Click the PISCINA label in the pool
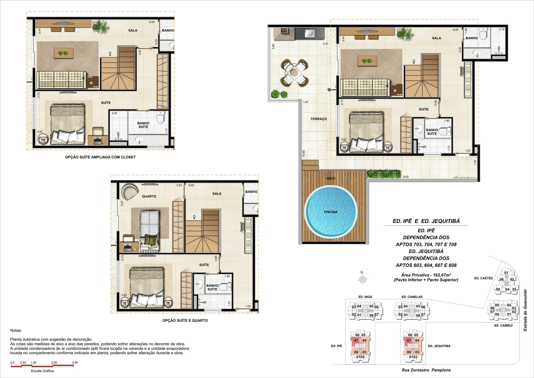pyautogui.click(x=331, y=212)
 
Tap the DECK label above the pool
pyautogui.click(x=331, y=178)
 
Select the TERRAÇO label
pyautogui.click(x=319, y=119)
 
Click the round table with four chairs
pyautogui.click(x=295, y=72)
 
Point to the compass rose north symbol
pyautogui.click(x=362, y=279)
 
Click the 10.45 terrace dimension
pyautogui.click(x=304, y=153)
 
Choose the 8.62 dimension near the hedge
pyautogui.click(x=406, y=177)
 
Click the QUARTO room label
pyautogui.click(x=149, y=196)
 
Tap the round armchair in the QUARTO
pyautogui.click(x=130, y=192)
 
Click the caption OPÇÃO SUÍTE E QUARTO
pyautogui.click(x=185, y=320)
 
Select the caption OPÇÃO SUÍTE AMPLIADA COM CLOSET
pyautogui.click(x=100, y=157)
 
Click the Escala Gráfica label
pyautogui.click(x=42, y=371)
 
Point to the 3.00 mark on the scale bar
pyautogui.click(x=75, y=362)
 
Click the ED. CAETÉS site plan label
pyautogui.click(x=483, y=278)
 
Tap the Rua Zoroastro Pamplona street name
pyautogui.click(x=426, y=370)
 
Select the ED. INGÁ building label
pyautogui.click(x=365, y=297)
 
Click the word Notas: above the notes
pyautogui.click(x=16, y=330)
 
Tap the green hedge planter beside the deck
pyautogui.click(x=385, y=174)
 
